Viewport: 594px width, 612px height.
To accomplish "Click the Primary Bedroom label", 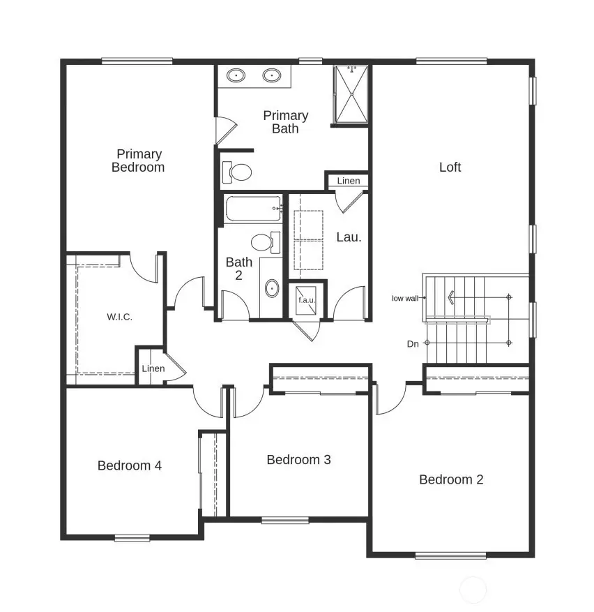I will pos(138,161).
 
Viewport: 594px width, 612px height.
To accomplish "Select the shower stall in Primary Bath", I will pos(351,94).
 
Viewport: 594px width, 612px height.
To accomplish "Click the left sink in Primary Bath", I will pos(238,75).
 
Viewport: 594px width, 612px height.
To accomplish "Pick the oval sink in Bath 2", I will pos(271,288).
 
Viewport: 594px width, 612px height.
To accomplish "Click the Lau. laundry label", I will pos(349,237).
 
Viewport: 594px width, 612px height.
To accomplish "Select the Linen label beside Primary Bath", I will pos(349,181).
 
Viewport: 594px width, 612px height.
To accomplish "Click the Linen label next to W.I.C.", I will pos(153,368).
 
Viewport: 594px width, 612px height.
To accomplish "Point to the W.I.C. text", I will pos(120,317).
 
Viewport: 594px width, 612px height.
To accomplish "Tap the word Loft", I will pos(450,167).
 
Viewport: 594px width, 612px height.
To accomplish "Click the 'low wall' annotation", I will pos(405,298).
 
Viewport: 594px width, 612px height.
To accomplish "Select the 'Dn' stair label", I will pos(413,343).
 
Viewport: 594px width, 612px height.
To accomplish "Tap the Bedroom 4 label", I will pos(130,465).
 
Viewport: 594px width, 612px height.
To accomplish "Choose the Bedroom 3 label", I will pos(298,460).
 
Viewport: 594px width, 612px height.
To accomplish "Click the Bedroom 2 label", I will pos(451,479).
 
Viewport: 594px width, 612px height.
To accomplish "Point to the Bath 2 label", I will pos(239,269).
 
